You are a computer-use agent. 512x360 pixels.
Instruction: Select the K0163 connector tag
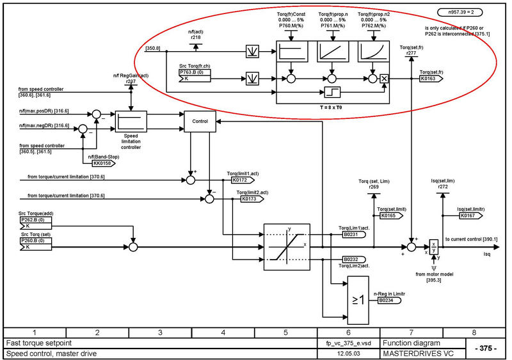432,78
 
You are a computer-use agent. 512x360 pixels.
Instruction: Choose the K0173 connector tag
252,199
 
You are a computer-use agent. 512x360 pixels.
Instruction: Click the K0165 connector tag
392,216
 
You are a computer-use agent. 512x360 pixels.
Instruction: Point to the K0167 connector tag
470,216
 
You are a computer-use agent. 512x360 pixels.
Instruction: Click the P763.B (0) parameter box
195,72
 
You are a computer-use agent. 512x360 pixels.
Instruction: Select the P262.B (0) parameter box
35,220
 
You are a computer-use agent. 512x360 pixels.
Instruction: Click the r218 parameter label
196,38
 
